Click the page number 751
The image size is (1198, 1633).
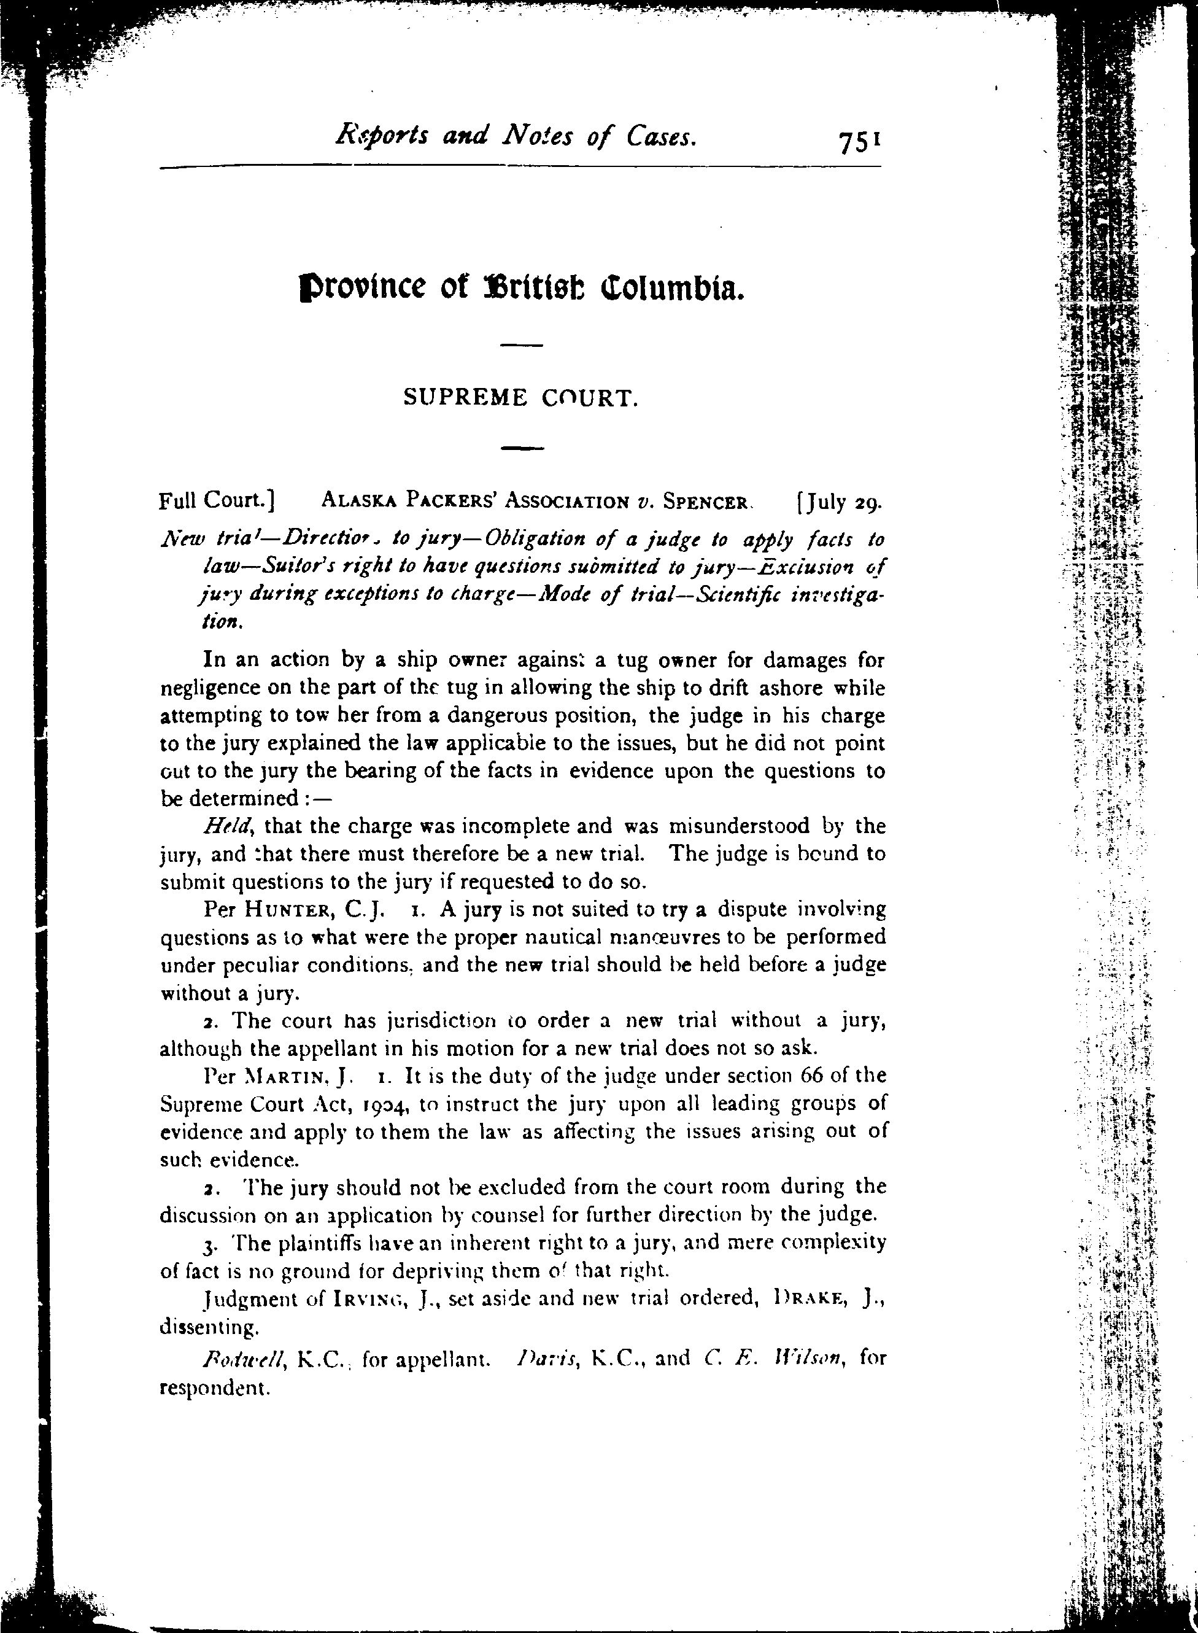click(x=859, y=141)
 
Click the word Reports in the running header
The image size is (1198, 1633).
click(x=382, y=136)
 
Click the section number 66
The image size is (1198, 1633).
click(x=798, y=1075)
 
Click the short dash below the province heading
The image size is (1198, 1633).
click(x=522, y=344)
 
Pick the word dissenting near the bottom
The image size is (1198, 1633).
click(x=208, y=1328)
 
